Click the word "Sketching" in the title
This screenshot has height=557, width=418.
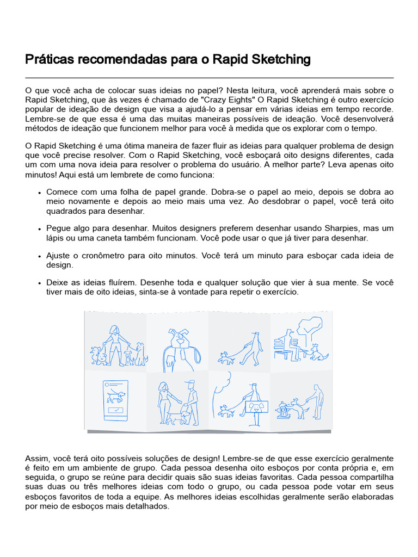tap(280, 59)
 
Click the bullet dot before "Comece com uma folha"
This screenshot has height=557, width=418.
tap(40, 193)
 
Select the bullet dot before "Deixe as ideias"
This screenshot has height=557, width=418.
tap(40, 283)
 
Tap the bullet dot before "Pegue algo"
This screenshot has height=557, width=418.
tap(40, 228)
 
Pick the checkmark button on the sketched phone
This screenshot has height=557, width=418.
tap(115, 410)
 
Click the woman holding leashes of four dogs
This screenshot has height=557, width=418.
tap(115, 343)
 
